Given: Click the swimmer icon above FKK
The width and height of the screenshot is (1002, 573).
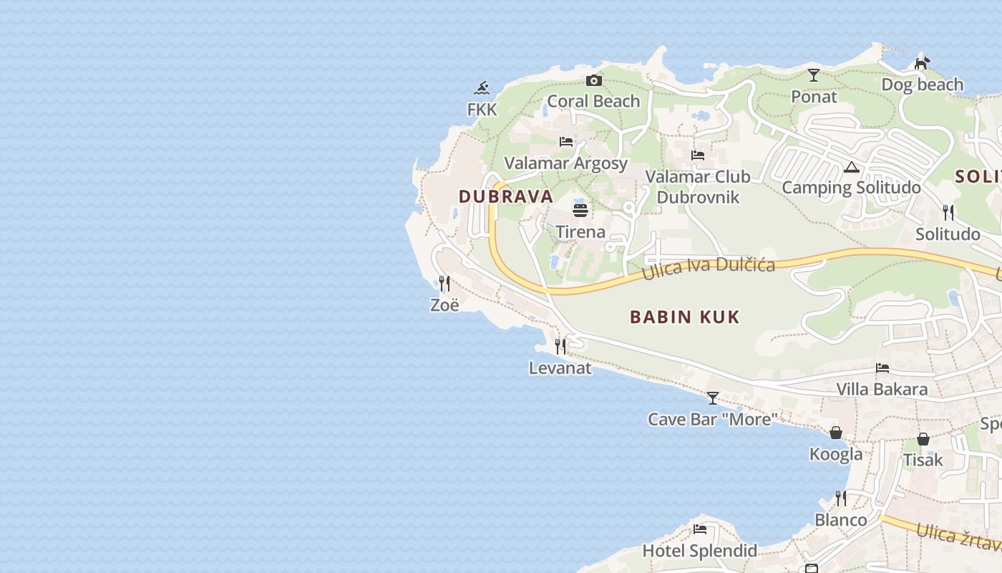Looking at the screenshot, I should coord(482,88).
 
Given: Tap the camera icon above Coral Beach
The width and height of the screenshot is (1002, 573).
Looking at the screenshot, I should coord(593,80).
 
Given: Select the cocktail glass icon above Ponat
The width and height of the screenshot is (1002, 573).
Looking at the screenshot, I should coord(814,74).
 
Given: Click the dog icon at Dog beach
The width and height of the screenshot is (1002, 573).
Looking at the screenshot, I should coord(923,63).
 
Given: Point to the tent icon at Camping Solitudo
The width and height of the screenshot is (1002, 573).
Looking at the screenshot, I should coord(851,167).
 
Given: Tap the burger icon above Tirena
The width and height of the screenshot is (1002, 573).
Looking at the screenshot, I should coord(580,211).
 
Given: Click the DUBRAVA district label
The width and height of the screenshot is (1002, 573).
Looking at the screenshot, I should coord(506,196).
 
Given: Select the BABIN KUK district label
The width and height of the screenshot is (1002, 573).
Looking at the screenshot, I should coord(685,317).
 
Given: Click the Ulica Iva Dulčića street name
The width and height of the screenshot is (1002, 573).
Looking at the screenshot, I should coord(708,266).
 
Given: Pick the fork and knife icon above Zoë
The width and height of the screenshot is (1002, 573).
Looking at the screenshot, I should coord(444,283).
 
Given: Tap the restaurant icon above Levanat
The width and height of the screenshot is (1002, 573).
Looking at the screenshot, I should coord(560,347).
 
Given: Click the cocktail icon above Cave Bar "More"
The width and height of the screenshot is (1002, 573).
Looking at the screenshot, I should coord(713,398).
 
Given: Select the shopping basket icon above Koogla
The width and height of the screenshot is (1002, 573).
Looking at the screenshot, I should coord(836,433).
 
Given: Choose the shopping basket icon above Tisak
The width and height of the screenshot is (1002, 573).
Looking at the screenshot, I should coord(923,438).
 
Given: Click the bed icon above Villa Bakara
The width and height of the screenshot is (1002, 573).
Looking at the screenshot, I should coord(882,368).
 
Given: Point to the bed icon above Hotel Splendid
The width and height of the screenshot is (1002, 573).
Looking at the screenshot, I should coord(700,529).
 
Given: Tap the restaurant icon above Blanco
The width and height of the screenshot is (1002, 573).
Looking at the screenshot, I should coord(841,498).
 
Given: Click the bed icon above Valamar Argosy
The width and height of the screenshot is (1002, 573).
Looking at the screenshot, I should coord(566,141).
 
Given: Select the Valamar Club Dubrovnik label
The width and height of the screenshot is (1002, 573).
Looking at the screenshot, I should coord(698,186).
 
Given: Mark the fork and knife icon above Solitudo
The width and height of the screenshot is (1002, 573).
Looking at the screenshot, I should coord(948,212).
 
